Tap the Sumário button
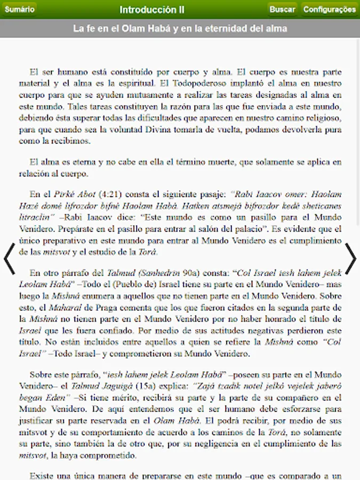coord(19,10)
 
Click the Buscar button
coord(282,10)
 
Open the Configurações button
coord(330,10)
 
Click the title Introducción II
coord(152,10)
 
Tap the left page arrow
coord(10,259)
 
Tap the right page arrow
coord(350,259)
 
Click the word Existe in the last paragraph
coord(41,475)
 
